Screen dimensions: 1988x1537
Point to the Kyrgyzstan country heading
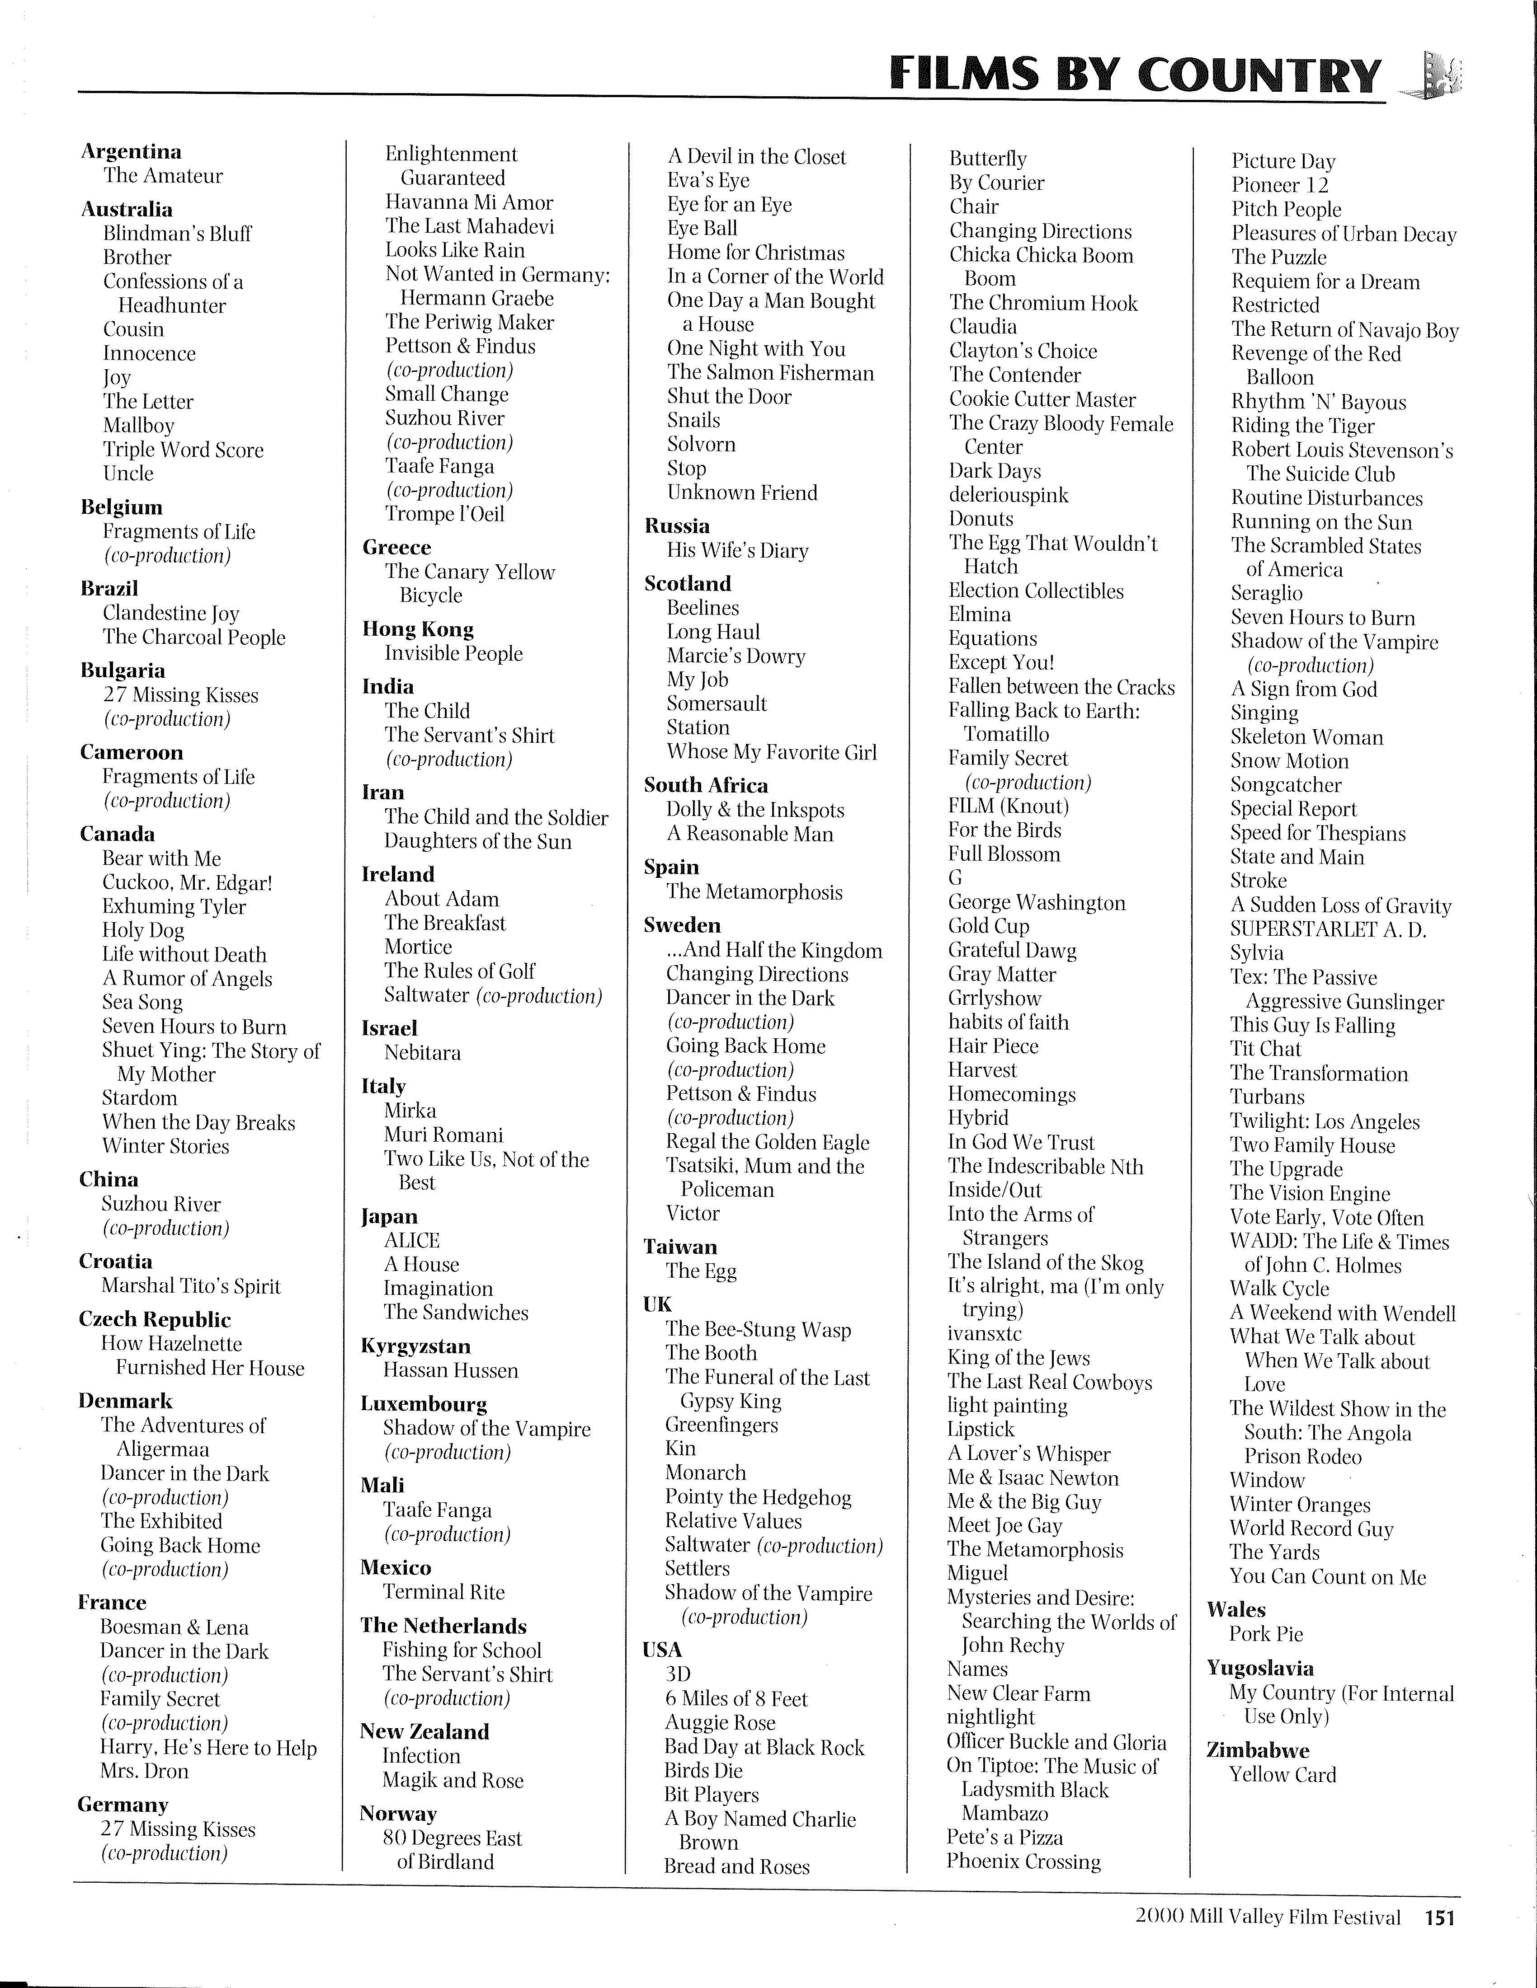(415, 1346)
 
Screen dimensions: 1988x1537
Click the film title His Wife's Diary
(738, 551)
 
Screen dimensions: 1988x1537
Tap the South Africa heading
(706, 786)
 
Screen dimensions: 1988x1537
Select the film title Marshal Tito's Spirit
(190, 1286)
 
